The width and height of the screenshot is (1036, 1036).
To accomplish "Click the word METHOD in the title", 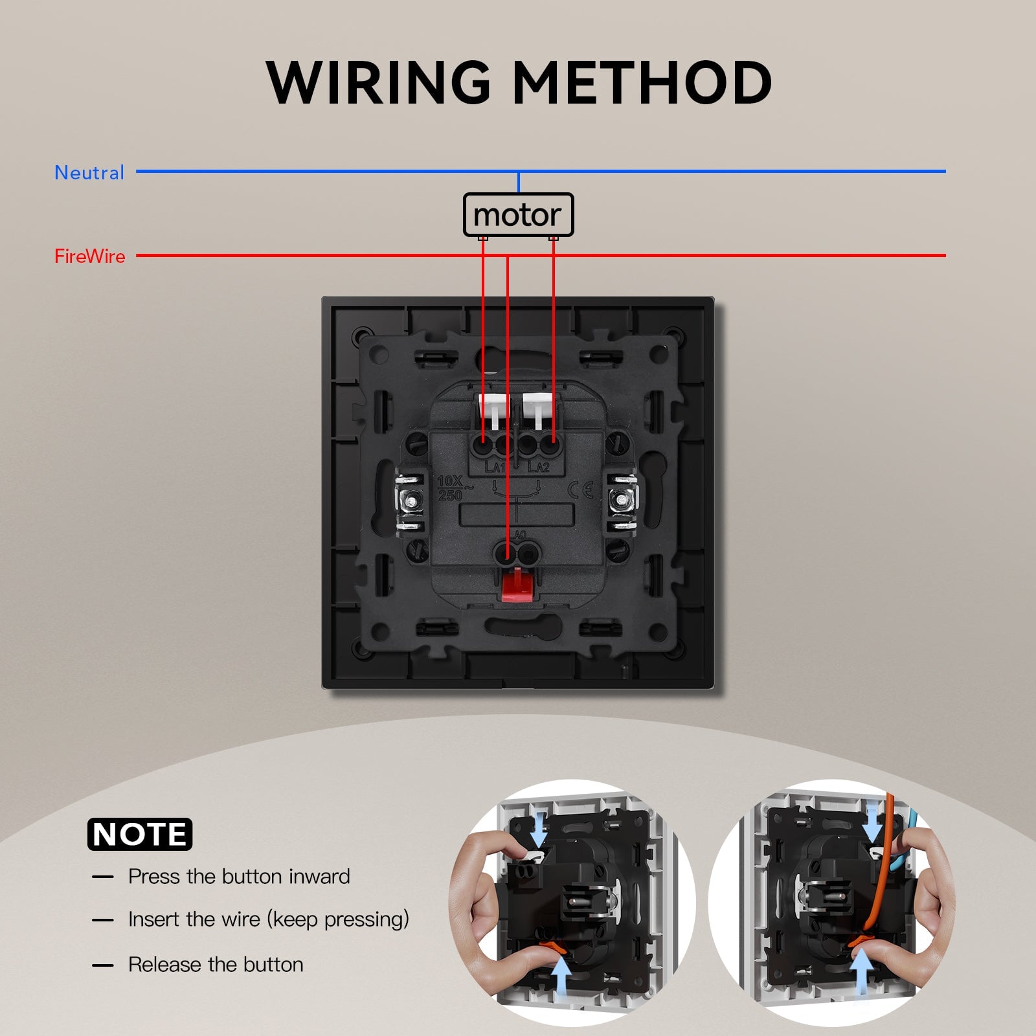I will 642,82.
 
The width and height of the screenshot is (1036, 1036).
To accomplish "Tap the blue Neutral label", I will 89,173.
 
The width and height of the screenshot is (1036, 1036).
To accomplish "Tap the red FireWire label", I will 89,256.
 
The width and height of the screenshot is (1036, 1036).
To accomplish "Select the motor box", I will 518,214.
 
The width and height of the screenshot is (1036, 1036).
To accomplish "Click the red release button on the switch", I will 517,585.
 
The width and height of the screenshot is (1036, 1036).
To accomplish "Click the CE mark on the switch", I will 581,490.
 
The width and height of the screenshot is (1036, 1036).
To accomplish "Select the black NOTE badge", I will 140,834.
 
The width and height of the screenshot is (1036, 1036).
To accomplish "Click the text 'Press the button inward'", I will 239,877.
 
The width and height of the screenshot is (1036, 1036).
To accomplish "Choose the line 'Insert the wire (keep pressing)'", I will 269,919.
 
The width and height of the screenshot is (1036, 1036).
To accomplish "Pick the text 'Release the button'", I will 216,965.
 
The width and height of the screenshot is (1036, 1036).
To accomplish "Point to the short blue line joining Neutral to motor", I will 519,182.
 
